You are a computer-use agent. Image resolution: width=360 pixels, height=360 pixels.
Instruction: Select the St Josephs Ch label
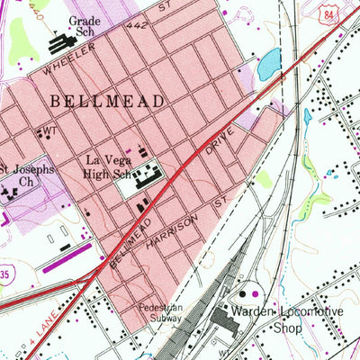(25, 174)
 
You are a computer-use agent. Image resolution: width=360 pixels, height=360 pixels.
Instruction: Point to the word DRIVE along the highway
(220, 145)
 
